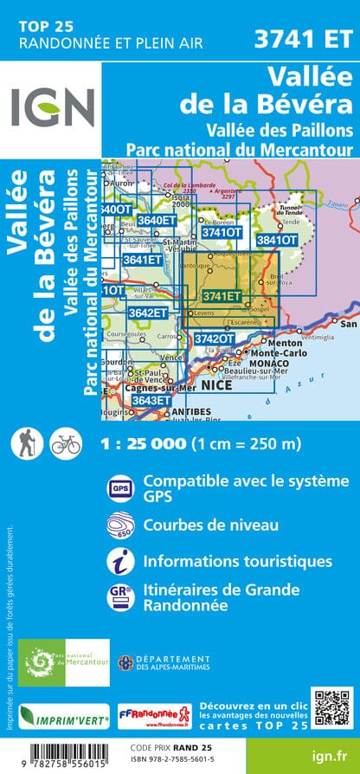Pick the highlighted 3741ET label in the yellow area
[x=220, y=296]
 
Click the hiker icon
[x=24, y=443]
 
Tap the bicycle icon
[x=65, y=443]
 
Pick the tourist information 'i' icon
[x=119, y=563]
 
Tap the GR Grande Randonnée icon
[x=119, y=599]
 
